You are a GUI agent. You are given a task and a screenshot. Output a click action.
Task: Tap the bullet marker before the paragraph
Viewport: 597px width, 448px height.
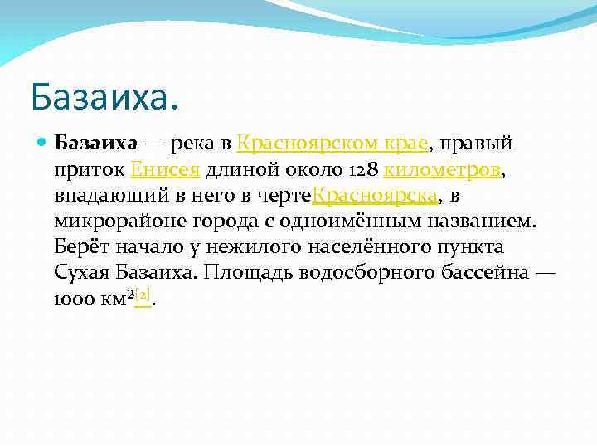click(42, 144)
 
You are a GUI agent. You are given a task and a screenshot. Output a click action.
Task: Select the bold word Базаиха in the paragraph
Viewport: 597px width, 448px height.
click(95, 144)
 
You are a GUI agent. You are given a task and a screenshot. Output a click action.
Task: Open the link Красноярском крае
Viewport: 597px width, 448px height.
click(332, 144)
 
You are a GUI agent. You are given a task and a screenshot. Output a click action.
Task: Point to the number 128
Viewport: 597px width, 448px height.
click(365, 170)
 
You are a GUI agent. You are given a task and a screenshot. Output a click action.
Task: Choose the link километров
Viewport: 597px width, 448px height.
click(442, 170)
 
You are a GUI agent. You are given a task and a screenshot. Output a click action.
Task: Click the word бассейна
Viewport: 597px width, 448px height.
click(482, 273)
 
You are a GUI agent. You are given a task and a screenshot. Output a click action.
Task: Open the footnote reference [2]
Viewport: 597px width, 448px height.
click(143, 295)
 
